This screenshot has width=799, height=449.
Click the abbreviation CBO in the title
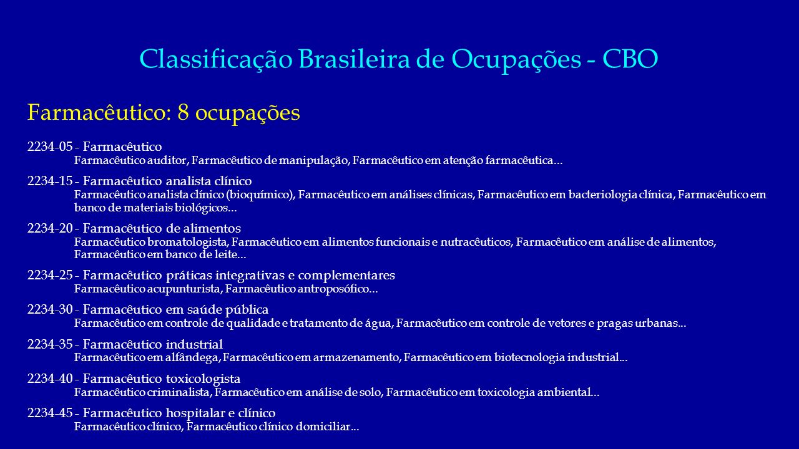[x=630, y=59]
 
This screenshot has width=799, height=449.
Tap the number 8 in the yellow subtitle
[x=183, y=113]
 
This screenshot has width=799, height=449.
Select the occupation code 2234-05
[x=50, y=147]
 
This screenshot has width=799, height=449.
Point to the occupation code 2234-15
[x=50, y=181]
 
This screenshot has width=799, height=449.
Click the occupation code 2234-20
[x=50, y=228]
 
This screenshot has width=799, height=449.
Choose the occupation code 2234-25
[x=50, y=275]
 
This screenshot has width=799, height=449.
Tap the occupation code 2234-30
[x=50, y=309]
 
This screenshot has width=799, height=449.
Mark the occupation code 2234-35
[x=50, y=344]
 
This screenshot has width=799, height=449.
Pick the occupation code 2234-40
[x=50, y=379]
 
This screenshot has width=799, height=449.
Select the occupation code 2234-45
[x=50, y=413]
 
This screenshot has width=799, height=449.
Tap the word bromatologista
[x=187, y=242]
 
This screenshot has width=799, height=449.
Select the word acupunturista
[x=184, y=289]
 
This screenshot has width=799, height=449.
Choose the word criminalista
[x=179, y=392]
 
